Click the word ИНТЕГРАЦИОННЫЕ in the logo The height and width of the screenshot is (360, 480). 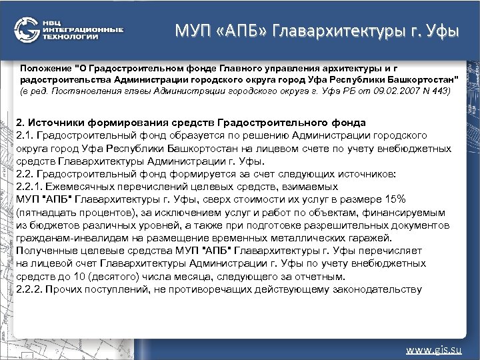pos(82,30)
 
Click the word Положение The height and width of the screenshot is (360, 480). pos(44,68)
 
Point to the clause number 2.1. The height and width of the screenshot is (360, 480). pos(25,135)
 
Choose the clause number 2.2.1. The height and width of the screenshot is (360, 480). pos(29,188)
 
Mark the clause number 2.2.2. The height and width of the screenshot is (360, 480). pos(29,289)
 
